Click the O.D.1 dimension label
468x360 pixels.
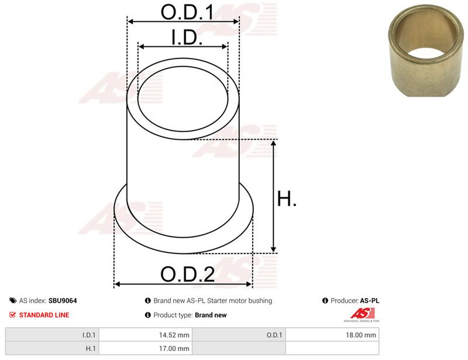pyautogui.click(x=187, y=12)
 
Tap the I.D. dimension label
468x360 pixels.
pyautogui.click(x=187, y=37)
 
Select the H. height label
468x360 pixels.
pyautogui.click(x=287, y=198)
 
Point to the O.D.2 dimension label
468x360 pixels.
pyautogui.click(x=187, y=274)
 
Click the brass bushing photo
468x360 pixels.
pyautogui.click(x=426, y=50)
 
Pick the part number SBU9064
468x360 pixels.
pyautogui.click(x=63, y=300)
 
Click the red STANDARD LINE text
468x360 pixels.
pyautogui.click(x=44, y=315)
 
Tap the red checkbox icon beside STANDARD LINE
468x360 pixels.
pyautogui.click(x=12, y=314)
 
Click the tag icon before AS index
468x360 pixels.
pyautogui.click(x=13, y=300)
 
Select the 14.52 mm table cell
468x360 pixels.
pyautogui.click(x=146, y=335)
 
